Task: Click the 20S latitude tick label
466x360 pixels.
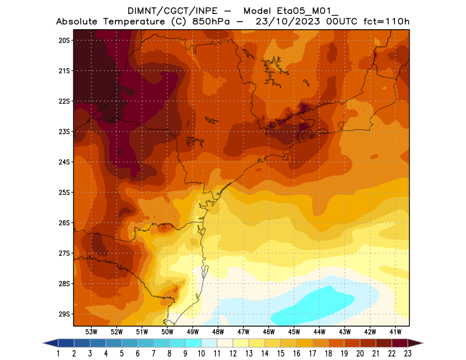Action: (x=64, y=40)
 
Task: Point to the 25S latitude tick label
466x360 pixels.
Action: (x=64, y=192)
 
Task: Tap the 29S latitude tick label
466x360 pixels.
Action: (x=64, y=314)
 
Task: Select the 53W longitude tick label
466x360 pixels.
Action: (x=91, y=332)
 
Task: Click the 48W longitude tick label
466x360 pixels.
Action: (x=218, y=332)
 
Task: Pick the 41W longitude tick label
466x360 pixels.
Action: (x=396, y=332)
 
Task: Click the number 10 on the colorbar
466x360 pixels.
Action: (x=202, y=353)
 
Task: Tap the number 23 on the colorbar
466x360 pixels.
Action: (x=407, y=353)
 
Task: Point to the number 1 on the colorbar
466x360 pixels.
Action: (x=59, y=353)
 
